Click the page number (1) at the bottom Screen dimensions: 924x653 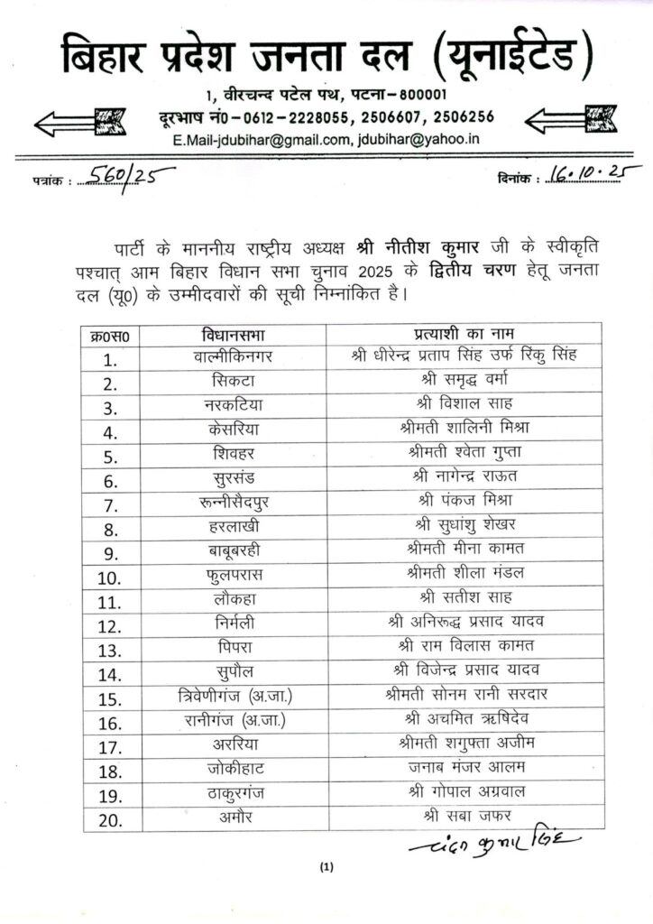pos(326,868)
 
